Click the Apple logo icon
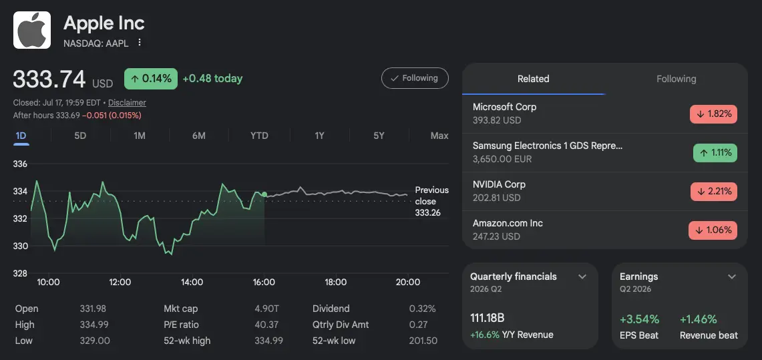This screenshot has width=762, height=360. (x=32, y=30)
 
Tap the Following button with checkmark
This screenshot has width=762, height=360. (x=415, y=78)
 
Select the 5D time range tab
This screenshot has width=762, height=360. (x=80, y=136)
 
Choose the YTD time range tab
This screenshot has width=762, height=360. (x=259, y=136)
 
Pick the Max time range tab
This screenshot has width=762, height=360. (x=439, y=136)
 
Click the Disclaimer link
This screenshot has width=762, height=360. (x=127, y=102)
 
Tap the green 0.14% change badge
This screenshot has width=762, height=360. (x=151, y=79)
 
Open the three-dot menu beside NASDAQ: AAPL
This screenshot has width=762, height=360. (x=140, y=42)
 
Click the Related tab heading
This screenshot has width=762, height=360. (x=533, y=79)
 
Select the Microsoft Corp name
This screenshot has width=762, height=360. (x=504, y=107)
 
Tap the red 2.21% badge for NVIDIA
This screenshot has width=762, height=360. (x=713, y=192)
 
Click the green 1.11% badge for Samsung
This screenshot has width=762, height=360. (x=715, y=153)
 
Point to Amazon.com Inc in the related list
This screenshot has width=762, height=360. (x=508, y=224)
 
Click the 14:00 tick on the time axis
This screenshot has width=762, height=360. (x=192, y=283)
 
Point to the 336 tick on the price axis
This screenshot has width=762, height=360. (x=21, y=164)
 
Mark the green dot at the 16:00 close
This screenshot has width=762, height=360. (x=264, y=194)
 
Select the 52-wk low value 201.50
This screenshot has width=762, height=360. (x=423, y=341)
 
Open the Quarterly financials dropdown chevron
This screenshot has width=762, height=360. (x=582, y=277)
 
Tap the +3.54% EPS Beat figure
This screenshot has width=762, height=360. (x=640, y=319)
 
